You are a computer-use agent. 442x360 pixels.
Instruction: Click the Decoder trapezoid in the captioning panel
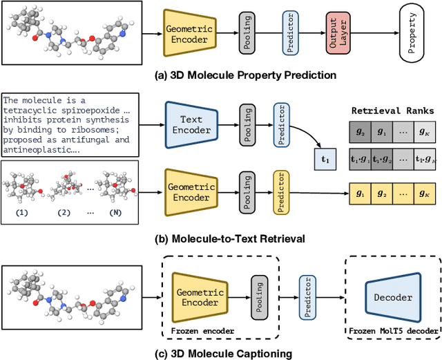(394, 298)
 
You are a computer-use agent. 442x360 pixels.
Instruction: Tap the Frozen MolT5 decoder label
(393, 331)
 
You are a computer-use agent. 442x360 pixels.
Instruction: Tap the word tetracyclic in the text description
(31, 109)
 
